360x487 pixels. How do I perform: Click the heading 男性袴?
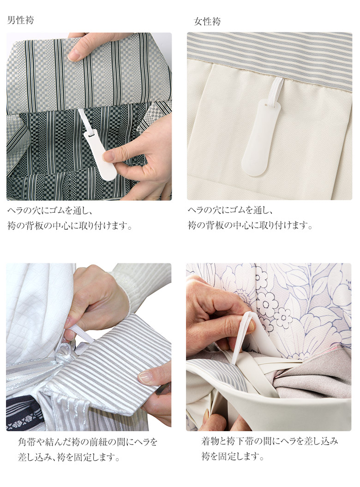[x=20, y=20]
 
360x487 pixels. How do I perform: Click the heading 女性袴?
[x=207, y=21]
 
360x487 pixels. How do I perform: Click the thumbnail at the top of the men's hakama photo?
[x=74, y=55]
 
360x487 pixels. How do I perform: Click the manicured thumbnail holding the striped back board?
[x=145, y=377]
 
